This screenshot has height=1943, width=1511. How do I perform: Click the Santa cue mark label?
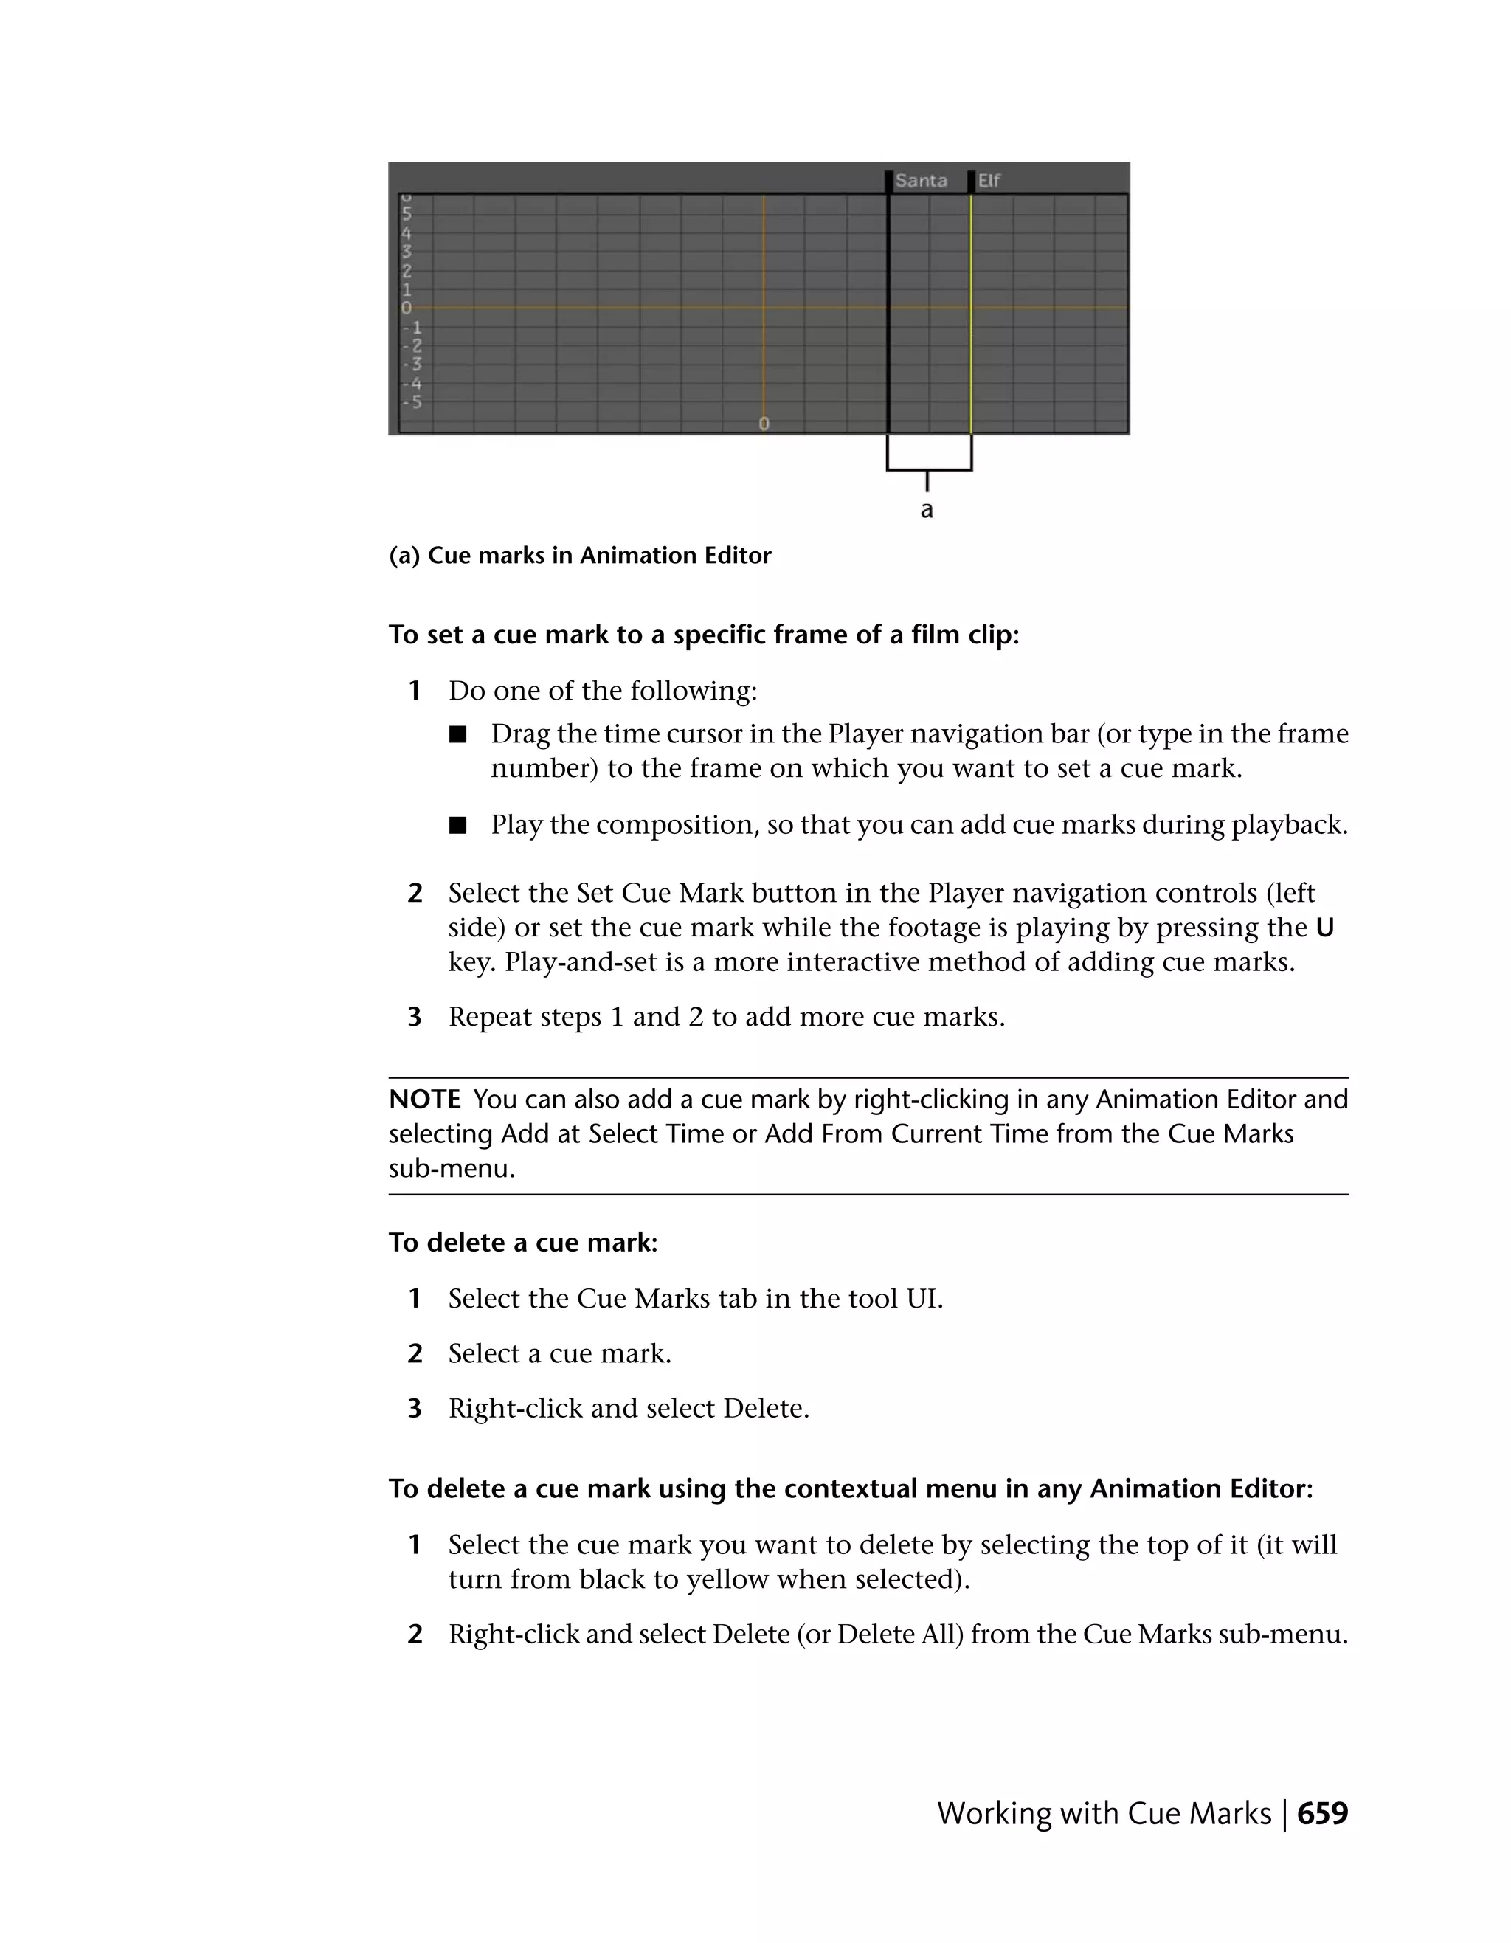921,181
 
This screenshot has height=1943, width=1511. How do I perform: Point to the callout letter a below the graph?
927,511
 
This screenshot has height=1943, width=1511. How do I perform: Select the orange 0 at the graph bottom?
763,424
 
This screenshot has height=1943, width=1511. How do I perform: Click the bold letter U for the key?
1324,928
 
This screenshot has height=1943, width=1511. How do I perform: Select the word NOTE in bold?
424,1100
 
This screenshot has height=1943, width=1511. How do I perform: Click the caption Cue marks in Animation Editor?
598,556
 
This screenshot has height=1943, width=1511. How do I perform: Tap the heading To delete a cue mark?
523,1243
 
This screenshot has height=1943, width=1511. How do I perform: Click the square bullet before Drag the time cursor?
457,735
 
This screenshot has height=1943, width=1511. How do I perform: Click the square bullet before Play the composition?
457,826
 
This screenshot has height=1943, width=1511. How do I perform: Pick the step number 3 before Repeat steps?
415,1017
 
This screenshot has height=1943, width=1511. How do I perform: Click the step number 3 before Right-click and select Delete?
415,1409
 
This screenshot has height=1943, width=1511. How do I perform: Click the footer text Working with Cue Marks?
1104,1814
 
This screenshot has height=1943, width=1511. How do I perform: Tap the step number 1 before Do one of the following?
415,691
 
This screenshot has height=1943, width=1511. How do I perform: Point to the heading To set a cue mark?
702,635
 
